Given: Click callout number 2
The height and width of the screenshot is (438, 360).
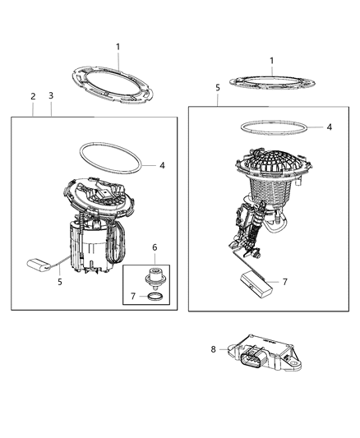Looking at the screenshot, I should pos(33,96).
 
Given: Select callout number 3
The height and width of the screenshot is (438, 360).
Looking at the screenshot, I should pos(52,96).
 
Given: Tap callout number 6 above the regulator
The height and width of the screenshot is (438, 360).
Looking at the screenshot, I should pos(154,247).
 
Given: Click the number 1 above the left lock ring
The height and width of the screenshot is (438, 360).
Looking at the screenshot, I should pos(118,47).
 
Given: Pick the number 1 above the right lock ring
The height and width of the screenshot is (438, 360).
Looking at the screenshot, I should pos(271,60).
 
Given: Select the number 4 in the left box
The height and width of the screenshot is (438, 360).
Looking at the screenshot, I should pos(162,164).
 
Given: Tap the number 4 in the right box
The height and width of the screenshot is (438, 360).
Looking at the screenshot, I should pos(329,127).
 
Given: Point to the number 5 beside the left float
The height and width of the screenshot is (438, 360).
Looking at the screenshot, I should pos(58,280).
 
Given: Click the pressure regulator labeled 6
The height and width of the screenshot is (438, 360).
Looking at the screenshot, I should pos(153,273).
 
